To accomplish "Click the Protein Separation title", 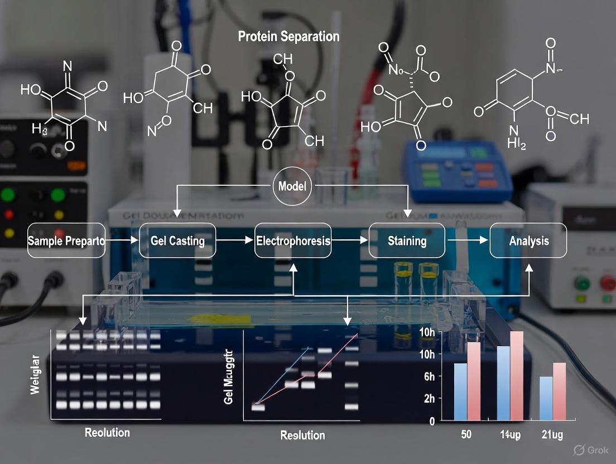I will point(288,37).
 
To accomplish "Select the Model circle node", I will point(292,186).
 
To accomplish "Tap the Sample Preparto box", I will point(66,241).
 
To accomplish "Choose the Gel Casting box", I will point(177,241).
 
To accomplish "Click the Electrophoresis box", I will point(293,241).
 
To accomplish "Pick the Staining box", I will point(407,241).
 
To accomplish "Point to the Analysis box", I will point(528,241).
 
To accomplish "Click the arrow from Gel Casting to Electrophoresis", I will point(235,241).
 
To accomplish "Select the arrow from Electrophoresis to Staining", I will point(350,241).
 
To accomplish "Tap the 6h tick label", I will point(429,377).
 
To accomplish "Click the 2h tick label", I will point(429,399).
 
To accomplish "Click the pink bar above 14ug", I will point(516,376).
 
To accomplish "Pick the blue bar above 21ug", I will point(546,398).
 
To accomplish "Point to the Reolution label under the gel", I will point(107,433).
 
